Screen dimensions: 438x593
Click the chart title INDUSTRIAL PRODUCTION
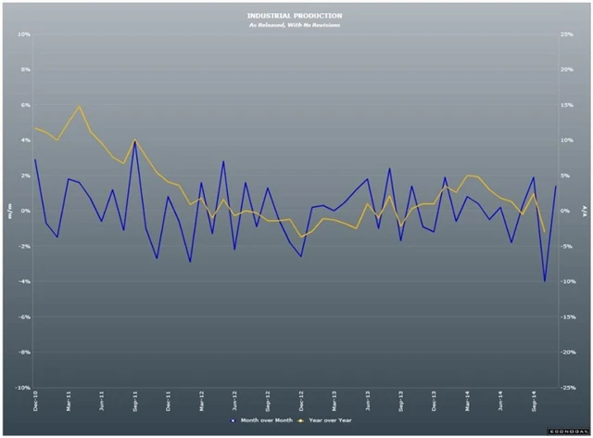click(x=295, y=16)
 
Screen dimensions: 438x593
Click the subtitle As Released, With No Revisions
click(x=295, y=25)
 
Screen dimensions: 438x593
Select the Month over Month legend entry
click(x=264, y=419)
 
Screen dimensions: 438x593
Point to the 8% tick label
click(x=25, y=70)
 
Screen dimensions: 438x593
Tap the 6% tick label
click(x=25, y=105)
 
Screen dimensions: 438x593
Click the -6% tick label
click(x=24, y=317)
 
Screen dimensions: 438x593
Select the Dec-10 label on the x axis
click(x=36, y=402)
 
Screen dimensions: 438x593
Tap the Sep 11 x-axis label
click(x=136, y=402)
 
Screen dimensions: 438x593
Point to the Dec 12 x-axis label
click(x=302, y=402)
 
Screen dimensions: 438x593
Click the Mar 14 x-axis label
click(x=468, y=402)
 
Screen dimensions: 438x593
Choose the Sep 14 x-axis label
click(x=535, y=402)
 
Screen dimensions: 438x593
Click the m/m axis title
click(x=10, y=211)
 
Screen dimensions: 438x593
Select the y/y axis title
click(x=585, y=211)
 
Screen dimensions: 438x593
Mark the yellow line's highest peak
click(x=80, y=106)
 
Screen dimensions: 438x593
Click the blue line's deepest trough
click(x=545, y=280)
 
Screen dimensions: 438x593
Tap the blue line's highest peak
click(x=135, y=141)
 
